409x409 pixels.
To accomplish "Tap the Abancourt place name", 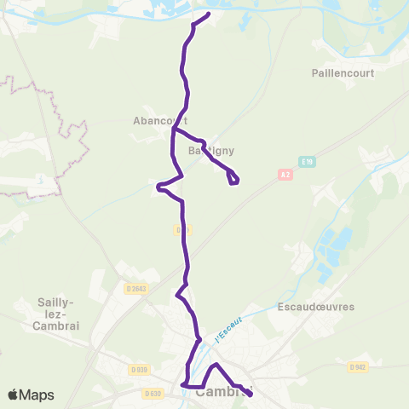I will tap(159, 121).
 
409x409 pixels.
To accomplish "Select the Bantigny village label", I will tap(210, 150).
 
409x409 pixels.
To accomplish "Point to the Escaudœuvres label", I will tap(315, 306).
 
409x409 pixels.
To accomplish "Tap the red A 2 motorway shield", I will tap(285, 173).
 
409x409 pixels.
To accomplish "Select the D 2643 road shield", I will tap(136, 288).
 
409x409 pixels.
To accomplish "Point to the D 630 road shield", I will tap(153, 393).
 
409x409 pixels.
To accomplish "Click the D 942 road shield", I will tap(358, 366).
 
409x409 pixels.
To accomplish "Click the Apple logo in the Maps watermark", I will tap(14, 395).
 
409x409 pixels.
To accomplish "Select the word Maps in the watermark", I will tap(37, 395).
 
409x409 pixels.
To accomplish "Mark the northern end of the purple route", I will tap(209, 14).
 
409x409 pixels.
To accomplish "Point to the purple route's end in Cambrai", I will tap(250, 394).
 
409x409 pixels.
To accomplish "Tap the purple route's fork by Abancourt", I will tap(173, 130).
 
